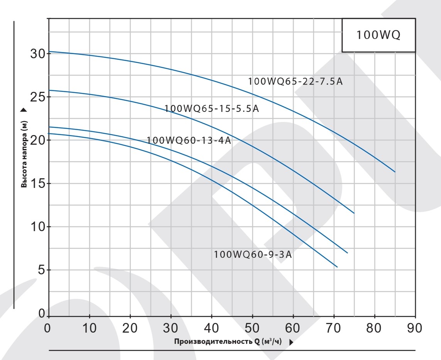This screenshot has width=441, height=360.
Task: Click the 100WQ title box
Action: point(378,35)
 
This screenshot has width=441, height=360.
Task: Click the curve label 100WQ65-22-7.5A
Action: point(295,82)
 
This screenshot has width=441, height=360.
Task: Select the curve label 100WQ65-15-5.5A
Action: point(211,109)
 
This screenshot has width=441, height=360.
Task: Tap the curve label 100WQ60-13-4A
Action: point(189,140)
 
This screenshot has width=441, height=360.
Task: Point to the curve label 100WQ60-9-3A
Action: point(253,255)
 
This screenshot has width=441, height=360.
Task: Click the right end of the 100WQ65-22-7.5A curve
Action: point(395,172)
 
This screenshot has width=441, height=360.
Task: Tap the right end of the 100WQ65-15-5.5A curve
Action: point(354,213)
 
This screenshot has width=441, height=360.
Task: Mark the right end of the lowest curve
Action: point(337,267)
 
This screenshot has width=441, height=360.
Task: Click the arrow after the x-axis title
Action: point(291,342)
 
